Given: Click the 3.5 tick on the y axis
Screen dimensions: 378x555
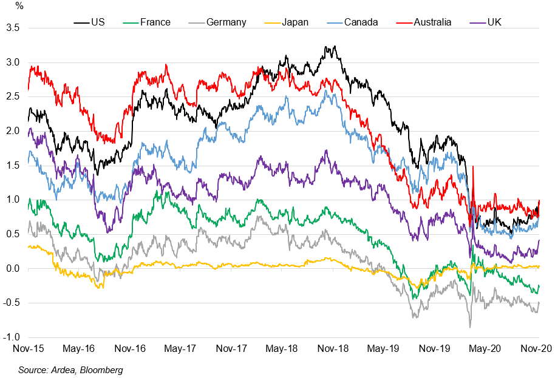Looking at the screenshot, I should click(13, 28).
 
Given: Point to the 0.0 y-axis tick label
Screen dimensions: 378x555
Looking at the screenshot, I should click(13, 269).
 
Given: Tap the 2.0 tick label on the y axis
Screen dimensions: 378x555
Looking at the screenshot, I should click(13, 131).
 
